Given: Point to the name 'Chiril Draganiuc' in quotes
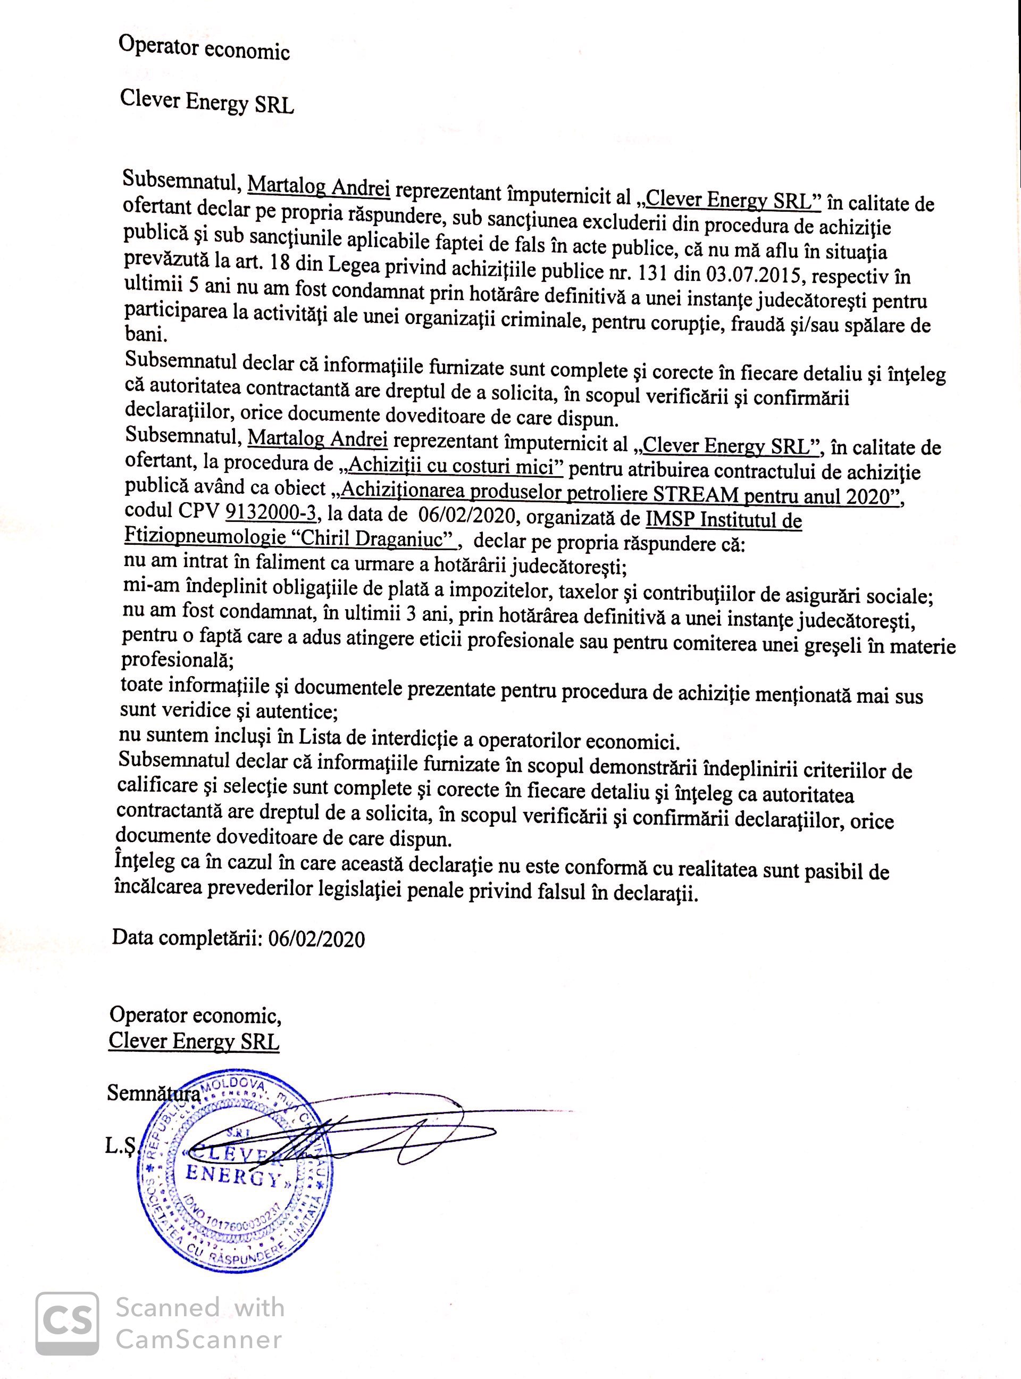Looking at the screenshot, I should tap(373, 539).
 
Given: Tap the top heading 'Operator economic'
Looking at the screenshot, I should tap(205, 48).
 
